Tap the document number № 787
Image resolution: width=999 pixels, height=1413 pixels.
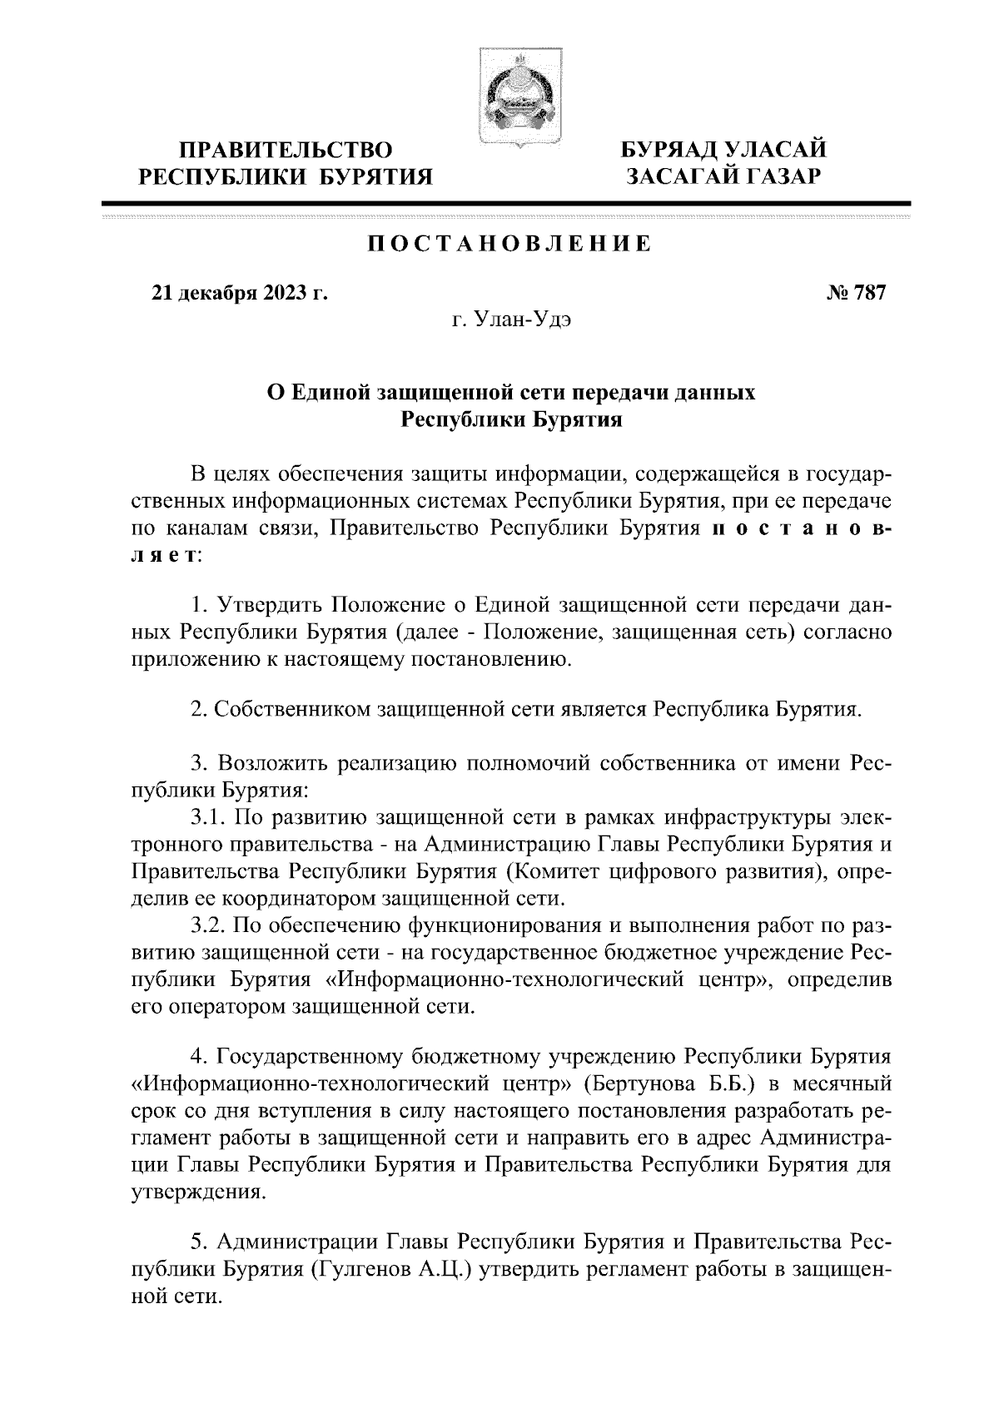(x=855, y=293)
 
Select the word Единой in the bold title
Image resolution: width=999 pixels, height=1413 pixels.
(x=331, y=392)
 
